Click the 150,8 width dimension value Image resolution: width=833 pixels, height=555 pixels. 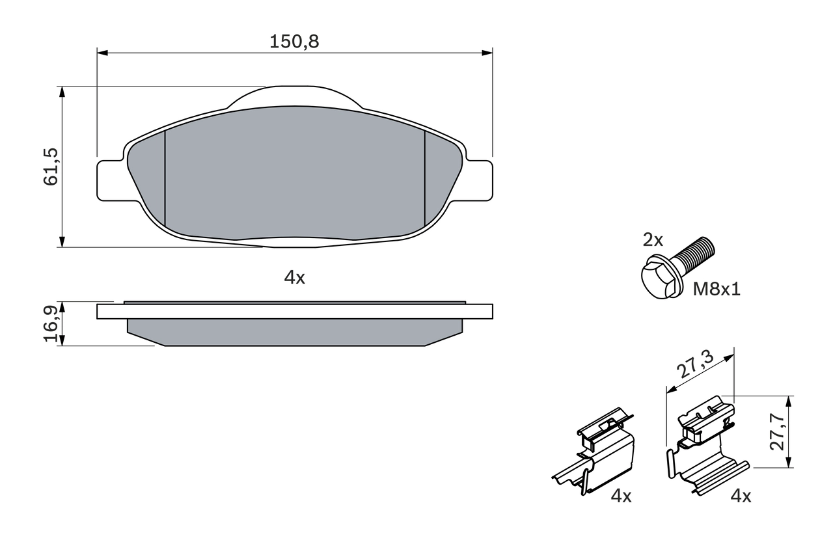pyautogui.click(x=294, y=42)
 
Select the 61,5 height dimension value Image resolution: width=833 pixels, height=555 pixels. pyautogui.click(x=51, y=167)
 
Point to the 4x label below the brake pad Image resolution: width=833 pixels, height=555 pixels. pyautogui.click(x=294, y=278)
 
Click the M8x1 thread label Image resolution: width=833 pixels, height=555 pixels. pyautogui.click(x=716, y=289)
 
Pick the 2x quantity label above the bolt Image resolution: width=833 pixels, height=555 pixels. pyautogui.click(x=653, y=240)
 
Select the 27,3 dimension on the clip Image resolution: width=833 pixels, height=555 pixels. pyautogui.click(x=695, y=365)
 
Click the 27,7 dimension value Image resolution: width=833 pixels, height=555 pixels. pyautogui.click(x=776, y=431)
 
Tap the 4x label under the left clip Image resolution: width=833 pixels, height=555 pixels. pyautogui.click(x=621, y=496)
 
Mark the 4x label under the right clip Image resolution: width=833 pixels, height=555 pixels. pyautogui.click(x=741, y=496)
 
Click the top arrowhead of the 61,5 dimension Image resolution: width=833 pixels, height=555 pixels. pyautogui.click(x=62, y=92)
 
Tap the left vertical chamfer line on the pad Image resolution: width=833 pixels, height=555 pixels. pyautogui.click(x=165, y=179)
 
